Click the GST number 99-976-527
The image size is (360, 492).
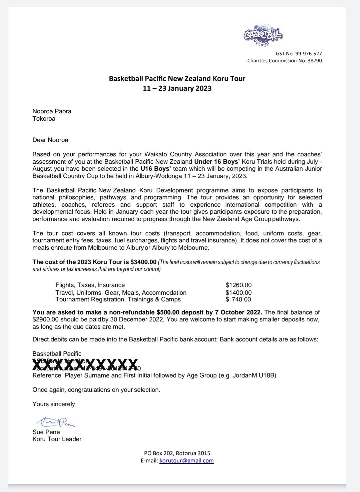[x=308, y=53]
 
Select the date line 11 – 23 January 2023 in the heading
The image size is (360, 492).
[x=177, y=88]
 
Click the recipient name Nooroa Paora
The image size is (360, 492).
[x=52, y=111]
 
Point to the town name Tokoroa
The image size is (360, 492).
[x=44, y=119]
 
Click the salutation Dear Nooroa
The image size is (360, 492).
[x=50, y=140]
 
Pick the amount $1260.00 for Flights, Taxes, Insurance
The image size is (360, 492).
[x=238, y=285]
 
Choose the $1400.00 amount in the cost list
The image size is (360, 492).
[x=238, y=293]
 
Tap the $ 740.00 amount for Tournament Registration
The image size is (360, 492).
[x=238, y=299]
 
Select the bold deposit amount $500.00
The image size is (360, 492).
[x=169, y=312]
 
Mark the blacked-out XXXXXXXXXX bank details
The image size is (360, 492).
[x=85, y=365]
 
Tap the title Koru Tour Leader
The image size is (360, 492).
[x=57, y=439]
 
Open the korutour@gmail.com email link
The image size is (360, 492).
[x=186, y=461]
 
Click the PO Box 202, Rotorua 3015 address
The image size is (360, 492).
[x=177, y=453]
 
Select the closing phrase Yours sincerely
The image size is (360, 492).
[x=54, y=404]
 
